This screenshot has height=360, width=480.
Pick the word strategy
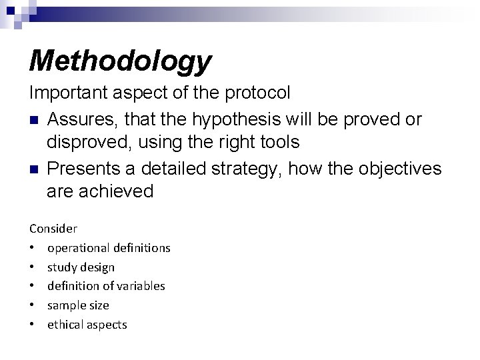coord(241,169)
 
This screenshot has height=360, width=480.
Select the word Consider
coord(53,229)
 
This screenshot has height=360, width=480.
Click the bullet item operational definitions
coord(109,248)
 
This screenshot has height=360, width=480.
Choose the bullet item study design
coord(81,267)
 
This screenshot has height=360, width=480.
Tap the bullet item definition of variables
coord(106,286)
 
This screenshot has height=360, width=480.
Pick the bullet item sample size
coord(78,305)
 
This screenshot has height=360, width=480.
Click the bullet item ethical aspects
coord(87,325)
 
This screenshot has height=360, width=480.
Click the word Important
coord(65,93)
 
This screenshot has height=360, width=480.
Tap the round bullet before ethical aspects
coord(33,325)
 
